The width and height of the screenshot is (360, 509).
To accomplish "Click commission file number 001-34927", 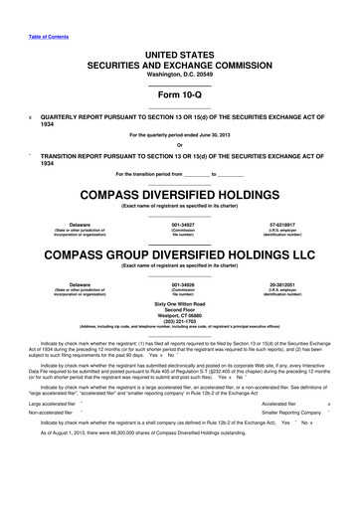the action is pos(179,226).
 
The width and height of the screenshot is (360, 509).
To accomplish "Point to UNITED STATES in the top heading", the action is pos(179,53).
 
